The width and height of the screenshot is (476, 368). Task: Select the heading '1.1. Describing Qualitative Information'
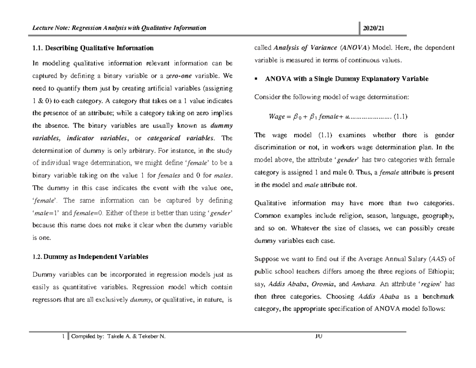tap(92, 48)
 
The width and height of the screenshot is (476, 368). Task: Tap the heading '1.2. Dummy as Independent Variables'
tap(90, 256)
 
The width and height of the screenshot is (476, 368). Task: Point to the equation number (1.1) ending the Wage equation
tap(400, 116)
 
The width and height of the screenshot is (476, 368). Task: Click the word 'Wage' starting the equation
tap(277, 116)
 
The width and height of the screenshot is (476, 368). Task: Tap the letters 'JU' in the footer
tap(318, 337)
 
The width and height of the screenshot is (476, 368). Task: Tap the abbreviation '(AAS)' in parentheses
tap(438, 259)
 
